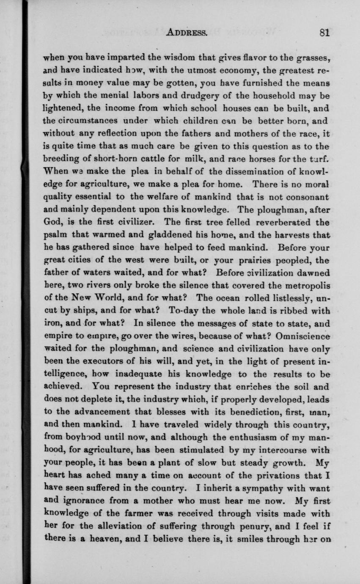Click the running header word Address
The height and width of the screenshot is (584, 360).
tap(186, 33)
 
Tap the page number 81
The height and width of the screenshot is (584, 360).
tap(324, 33)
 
